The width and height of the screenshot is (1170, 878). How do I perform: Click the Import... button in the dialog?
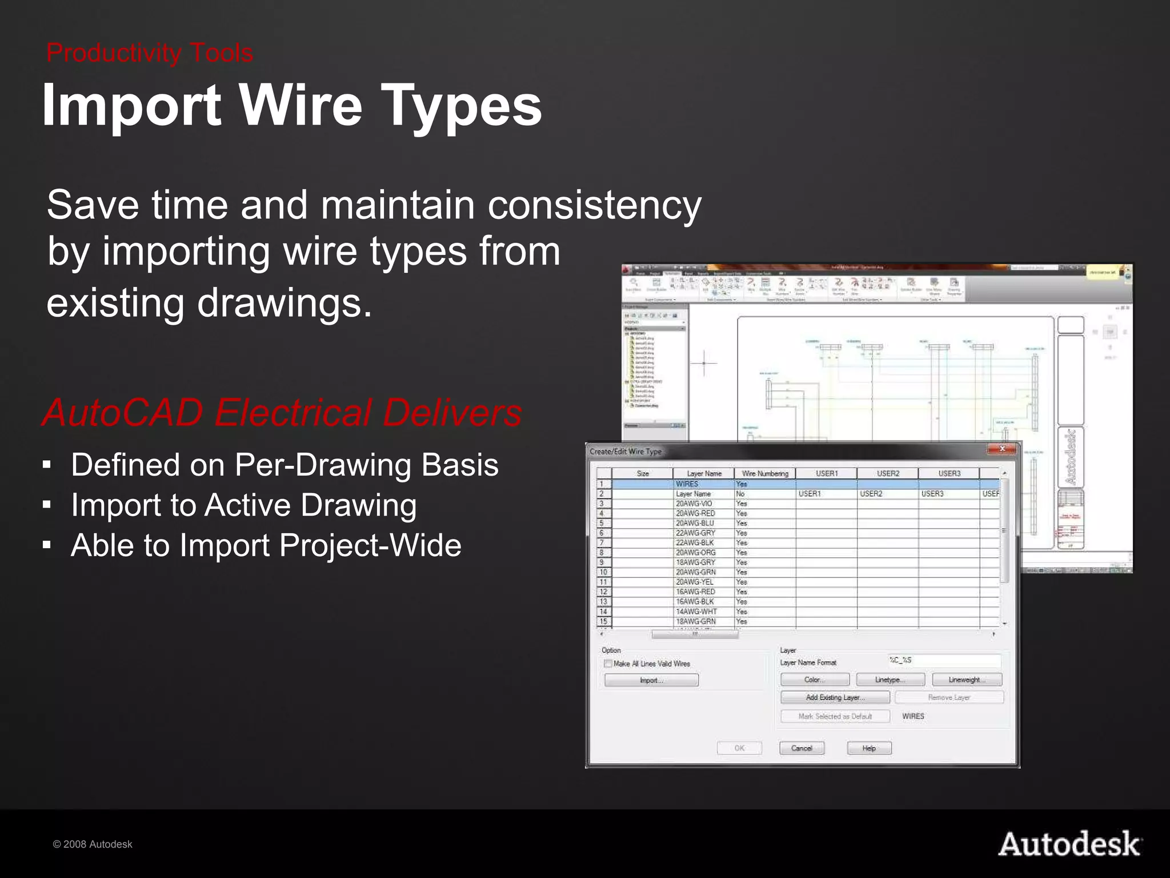pyautogui.click(x=651, y=680)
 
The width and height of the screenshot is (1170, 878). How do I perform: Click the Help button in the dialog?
pyautogui.click(x=869, y=748)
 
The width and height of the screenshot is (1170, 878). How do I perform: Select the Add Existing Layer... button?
pyautogui.click(x=835, y=697)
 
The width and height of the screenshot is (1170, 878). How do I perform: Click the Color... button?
pyautogui.click(x=815, y=680)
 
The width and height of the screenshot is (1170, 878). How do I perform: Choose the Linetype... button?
pyautogui.click(x=890, y=680)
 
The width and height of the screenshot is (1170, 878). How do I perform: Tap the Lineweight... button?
pyautogui.click(x=967, y=680)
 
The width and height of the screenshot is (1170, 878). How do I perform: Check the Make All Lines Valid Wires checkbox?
pyautogui.click(x=608, y=664)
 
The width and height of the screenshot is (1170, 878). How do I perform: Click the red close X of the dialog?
pyautogui.click(x=1001, y=449)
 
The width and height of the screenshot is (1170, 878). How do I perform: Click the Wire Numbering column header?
pyautogui.click(x=764, y=473)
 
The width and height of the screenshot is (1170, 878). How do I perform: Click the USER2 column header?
pyautogui.click(x=887, y=473)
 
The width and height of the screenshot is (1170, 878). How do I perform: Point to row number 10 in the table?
pyautogui.click(x=603, y=572)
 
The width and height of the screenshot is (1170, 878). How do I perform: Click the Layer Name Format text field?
pyautogui.click(x=944, y=661)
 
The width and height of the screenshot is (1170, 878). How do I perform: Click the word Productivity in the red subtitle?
pyautogui.click(x=113, y=53)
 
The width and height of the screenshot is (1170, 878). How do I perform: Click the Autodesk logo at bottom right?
pyautogui.click(x=1069, y=845)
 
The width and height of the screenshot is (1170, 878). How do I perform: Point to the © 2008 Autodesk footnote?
pyautogui.click(x=93, y=844)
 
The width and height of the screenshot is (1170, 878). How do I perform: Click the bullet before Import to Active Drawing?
pyautogui.click(x=47, y=505)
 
